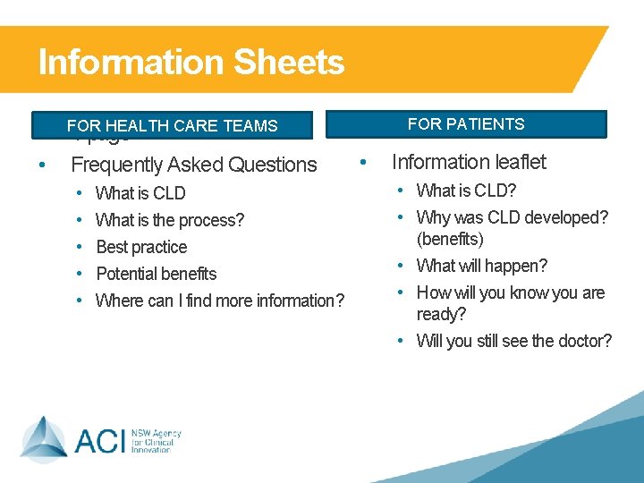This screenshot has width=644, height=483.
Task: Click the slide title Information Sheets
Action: (x=191, y=63)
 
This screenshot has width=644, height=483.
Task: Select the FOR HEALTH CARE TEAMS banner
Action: (x=172, y=126)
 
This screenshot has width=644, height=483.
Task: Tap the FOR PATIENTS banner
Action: (x=466, y=124)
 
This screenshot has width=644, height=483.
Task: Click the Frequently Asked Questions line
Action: (x=193, y=165)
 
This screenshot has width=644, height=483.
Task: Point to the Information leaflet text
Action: (x=469, y=162)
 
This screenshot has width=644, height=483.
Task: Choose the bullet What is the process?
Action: (x=170, y=220)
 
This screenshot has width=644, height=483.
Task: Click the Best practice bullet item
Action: (x=141, y=247)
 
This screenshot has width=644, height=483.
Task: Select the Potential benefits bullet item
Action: (x=156, y=274)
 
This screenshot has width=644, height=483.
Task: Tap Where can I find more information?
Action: (x=219, y=301)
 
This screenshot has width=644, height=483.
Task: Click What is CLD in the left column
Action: (x=140, y=193)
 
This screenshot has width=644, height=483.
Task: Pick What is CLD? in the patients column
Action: (x=466, y=191)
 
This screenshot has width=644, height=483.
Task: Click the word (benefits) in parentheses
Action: (x=450, y=240)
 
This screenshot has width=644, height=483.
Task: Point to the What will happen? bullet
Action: (x=482, y=266)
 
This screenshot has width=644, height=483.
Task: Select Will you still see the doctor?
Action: (x=513, y=341)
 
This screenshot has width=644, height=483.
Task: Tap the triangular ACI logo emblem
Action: (x=44, y=438)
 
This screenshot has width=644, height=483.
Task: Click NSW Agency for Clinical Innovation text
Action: (x=156, y=440)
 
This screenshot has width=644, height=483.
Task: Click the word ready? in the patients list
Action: (x=441, y=315)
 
